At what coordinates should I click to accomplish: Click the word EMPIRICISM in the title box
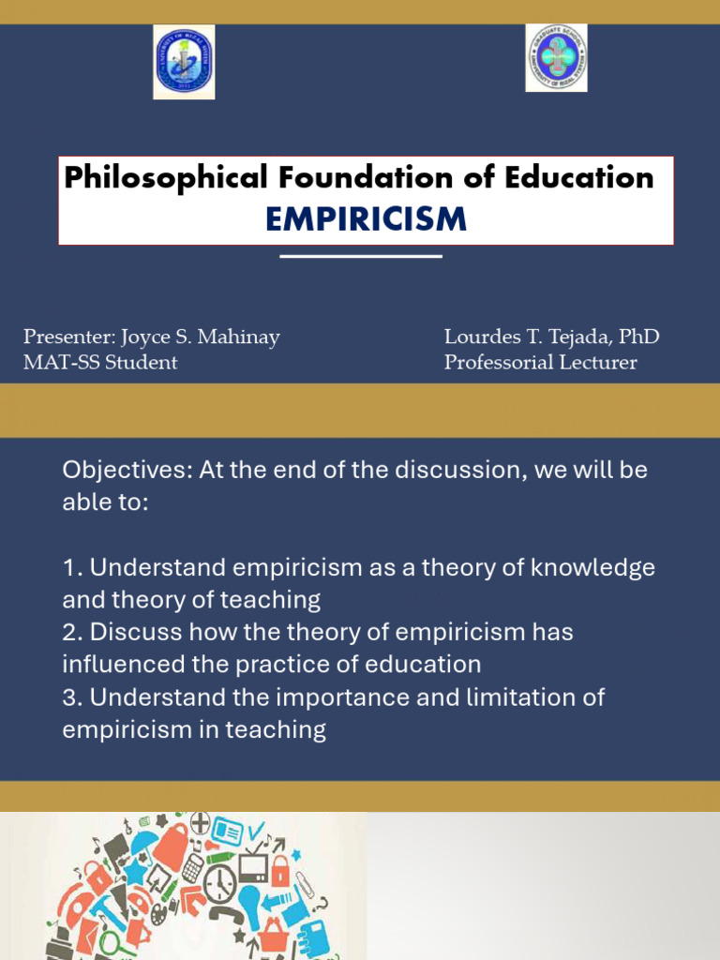366,219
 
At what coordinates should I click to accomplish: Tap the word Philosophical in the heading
163,176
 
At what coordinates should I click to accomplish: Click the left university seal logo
184,62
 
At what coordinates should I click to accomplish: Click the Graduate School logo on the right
556,58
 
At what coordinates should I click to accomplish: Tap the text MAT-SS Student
100,362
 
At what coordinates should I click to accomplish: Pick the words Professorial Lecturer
541,362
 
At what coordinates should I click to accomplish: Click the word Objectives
126,470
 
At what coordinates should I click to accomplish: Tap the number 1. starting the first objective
72,567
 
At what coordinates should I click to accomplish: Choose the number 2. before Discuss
72,632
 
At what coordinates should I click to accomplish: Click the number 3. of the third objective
72,697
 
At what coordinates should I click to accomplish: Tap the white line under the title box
361,256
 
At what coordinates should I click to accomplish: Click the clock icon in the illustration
219,882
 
